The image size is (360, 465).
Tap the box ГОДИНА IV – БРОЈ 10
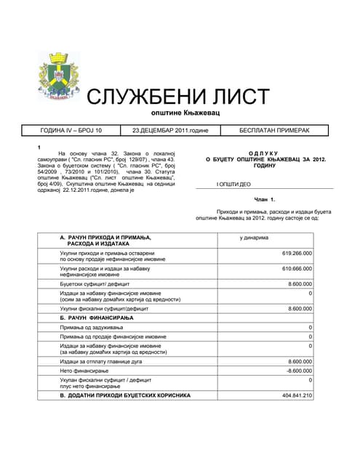71,131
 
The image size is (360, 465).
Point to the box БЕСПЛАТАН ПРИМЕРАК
274,131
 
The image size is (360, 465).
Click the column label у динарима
254,238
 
